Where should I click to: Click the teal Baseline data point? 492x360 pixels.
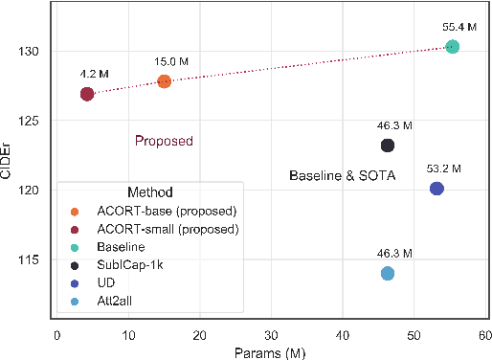[x=452, y=47]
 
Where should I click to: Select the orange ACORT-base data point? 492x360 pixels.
[x=164, y=81]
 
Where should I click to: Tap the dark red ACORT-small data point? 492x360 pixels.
[x=87, y=94]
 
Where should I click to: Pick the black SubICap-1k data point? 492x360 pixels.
[x=388, y=146]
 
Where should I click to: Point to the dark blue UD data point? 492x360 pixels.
[x=436, y=189]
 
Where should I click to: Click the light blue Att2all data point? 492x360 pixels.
[x=388, y=274]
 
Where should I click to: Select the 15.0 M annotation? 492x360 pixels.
[x=171, y=62]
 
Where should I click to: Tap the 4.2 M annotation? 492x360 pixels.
[x=94, y=73]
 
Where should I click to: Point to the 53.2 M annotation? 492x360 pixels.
[x=444, y=169]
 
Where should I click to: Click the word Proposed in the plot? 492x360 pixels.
[x=164, y=142]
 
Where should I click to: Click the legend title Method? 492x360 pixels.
[x=147, y=191]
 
